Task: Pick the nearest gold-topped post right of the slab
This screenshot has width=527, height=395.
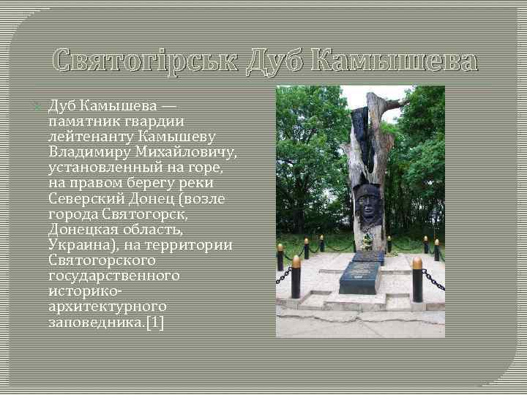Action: [417, 278]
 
